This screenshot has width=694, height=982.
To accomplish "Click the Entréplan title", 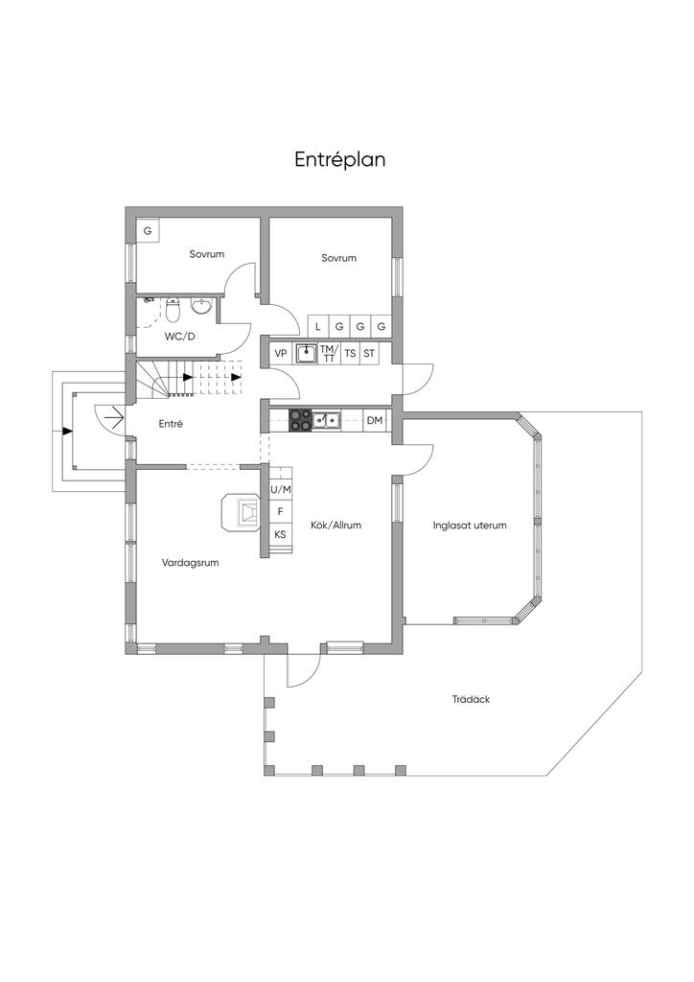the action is coord(339,160).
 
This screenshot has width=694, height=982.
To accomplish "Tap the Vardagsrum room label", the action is coord(190,562).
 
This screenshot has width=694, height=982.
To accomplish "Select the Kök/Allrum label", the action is coord(336,526).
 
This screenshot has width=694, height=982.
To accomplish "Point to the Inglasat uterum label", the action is coord(470,526).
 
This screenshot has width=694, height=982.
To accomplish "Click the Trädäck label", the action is coord(471,699).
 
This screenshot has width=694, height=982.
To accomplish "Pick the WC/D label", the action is coord(179,337).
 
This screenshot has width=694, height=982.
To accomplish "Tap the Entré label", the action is coord(171,424).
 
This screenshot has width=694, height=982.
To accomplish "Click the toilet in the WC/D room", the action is coord(173,308).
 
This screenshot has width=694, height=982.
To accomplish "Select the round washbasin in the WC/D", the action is coord(201,307).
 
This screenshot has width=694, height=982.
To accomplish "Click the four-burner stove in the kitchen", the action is coord(300,420).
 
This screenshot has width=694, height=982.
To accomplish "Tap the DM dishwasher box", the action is coord(374,420).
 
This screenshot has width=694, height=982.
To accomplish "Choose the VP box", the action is coord(281,354).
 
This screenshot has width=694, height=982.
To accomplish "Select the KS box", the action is coord(280,534).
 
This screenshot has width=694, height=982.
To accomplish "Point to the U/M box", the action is coord(280,489).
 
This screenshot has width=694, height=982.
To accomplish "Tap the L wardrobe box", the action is coord(318,326).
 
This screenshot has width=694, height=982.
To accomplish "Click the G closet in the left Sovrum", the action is coord(148,230).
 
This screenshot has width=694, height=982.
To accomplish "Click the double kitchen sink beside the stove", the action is coord(327,420).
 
